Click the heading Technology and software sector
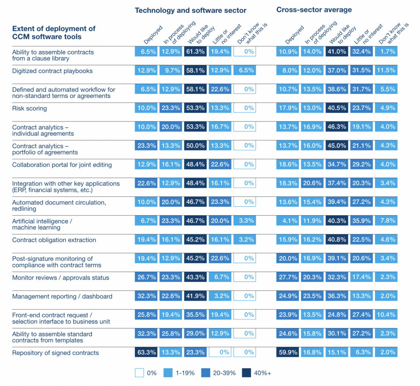191,11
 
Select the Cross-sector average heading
314,10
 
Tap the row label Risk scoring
30,109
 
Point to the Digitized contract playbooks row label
52,71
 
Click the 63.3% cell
146,353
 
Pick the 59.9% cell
287,353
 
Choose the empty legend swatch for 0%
139,373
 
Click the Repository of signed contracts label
56,353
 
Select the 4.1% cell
287,221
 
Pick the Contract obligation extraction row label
54,240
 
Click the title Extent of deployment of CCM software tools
54,32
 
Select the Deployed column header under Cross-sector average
294,35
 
